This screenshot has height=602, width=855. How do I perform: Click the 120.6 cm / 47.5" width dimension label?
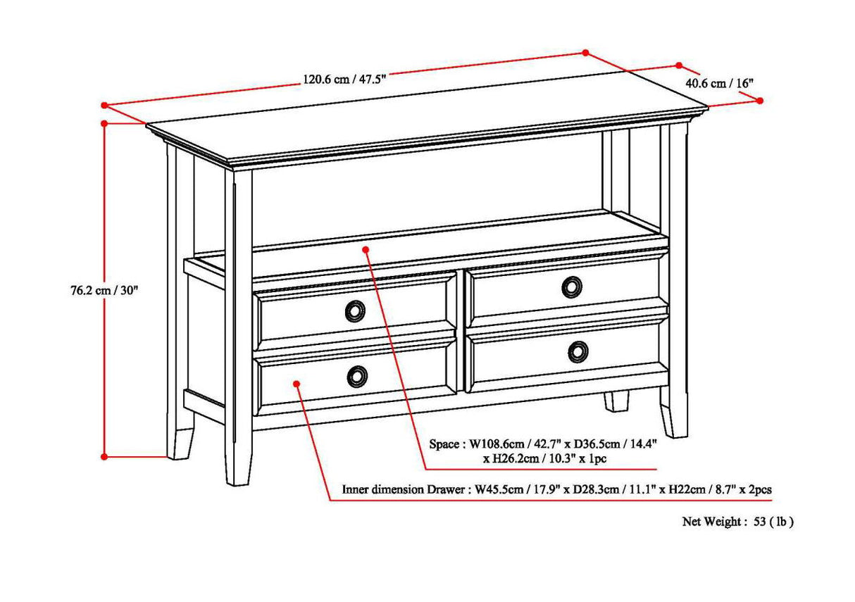point(344,79)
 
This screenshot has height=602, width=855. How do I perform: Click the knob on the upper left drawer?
point(356,311)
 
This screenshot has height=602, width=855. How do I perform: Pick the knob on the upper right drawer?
point(572,287)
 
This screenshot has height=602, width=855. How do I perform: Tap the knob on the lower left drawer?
point(358,376)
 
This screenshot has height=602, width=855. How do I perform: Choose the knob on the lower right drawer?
point(578,351)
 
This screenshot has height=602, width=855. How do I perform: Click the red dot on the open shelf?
point(366,249)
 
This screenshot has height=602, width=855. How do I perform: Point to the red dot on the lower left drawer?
point(297,384)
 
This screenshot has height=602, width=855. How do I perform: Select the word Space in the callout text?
point(444,444)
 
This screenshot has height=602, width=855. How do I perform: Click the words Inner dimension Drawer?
point(404,489)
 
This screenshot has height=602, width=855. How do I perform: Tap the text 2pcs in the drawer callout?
point(763,489)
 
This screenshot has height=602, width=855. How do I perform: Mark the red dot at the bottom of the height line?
point(104,456)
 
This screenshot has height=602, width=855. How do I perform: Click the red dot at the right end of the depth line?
point(760,101)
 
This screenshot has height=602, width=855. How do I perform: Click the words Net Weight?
point(711,522)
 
